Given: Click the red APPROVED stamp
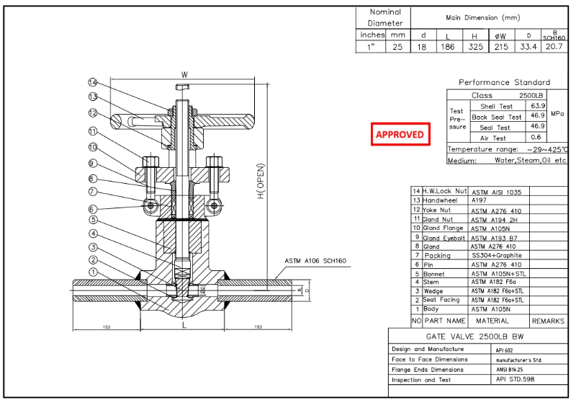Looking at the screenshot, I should point(400,134).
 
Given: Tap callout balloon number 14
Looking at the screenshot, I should point(92,82).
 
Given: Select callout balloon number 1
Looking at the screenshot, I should point(92,272).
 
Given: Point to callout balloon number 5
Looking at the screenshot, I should point(92,220).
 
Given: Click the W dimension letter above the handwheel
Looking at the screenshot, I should point(184,74).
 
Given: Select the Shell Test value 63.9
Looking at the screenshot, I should point(536,106).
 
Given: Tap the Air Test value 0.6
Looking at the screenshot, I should point(536,138).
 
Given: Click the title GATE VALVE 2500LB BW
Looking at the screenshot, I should point(478,337).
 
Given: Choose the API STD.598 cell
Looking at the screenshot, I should point(516,379).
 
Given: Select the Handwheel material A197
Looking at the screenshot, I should point(480,201).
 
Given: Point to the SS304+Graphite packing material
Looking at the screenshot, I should point(496,255).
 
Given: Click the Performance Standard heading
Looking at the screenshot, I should point(504,82).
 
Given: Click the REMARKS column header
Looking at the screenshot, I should point(548,321).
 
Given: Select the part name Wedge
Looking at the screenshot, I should point(435,290).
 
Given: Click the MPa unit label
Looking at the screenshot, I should point(557,114).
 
